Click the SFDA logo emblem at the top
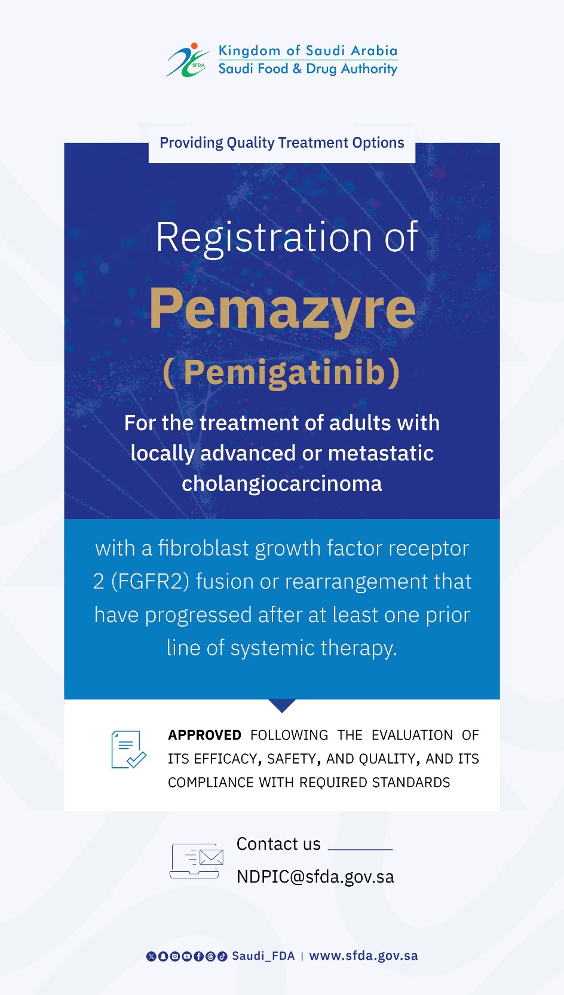(188, 60)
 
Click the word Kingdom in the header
(249, 51)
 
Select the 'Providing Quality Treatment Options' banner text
(282, 142)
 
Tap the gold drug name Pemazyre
(282, 310)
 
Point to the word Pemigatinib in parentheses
(284, 372)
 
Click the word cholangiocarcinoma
(282, 484)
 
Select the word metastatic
(381, 453)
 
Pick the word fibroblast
(204, 548)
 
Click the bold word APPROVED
(204, 735)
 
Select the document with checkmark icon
(128, 749)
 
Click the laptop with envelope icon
(196, 860)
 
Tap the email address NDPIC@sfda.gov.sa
(315, 877)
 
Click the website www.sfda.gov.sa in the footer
(363, 956)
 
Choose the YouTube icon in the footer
(187, 956)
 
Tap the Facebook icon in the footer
(198, 956)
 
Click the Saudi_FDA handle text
(263, 956)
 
